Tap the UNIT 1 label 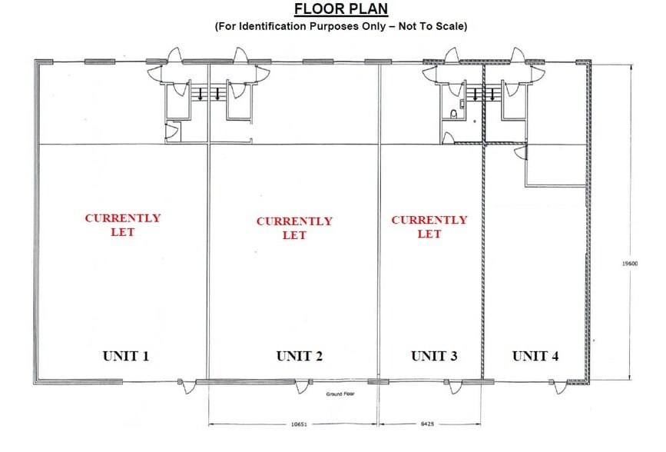(x=126, y=356)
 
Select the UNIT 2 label (x=300, y=356)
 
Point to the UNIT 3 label (x=434, y=356)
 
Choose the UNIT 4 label (x=535, y=356)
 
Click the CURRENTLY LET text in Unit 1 (x=123, y=224)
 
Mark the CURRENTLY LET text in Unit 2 (x=294, y=228)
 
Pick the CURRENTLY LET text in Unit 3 (x=429, y=226)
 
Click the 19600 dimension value (x=630, y=264)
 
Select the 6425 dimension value (x=429, y=423)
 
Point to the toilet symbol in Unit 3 (x=454, y=114)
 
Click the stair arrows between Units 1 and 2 (x=209, y=95)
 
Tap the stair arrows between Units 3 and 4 (x=483, y=95)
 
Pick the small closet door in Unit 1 (x=172, y=132)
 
